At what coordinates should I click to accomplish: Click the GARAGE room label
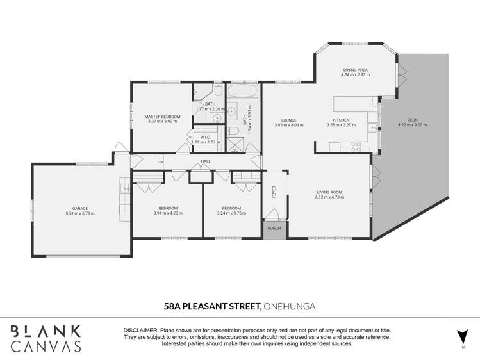(80, 208)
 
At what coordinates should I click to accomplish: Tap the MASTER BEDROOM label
(162, 116)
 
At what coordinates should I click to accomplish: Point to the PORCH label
(274, 227)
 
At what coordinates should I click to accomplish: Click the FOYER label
(274, 192)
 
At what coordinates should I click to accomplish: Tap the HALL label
(206, 161)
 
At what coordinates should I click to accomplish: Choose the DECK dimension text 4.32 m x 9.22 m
(412, 125)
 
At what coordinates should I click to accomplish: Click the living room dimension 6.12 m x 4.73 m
(329, 197)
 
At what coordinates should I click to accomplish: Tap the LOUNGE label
(289, 120)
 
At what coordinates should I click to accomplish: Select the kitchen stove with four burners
(355, 147)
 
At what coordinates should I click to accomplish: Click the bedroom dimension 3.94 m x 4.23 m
(168, 213)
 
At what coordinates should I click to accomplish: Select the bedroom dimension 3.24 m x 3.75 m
(231, 213)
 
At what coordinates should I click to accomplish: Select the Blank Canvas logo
(45, 338)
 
